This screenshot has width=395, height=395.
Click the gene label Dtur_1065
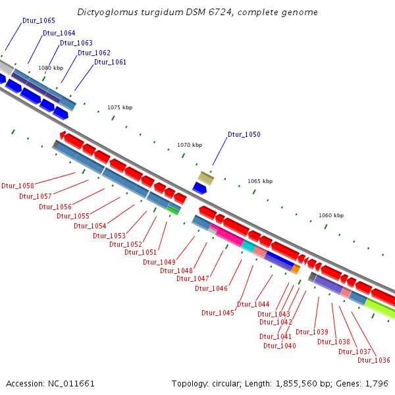point(39,21)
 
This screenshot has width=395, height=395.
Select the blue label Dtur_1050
point(244,135)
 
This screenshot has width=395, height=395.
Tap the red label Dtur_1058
point(18,186)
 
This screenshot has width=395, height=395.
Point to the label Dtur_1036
point(374,360)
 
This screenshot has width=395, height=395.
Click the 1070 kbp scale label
point(190,145)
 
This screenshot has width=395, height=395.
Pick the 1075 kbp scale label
point(120,107)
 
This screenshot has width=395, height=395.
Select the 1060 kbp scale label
point(331,215)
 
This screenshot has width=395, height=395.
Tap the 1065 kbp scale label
point(260,181)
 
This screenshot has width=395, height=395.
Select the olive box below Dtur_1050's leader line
point(206,178)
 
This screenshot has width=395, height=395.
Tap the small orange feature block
point(296,269)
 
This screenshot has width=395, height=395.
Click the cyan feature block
point(248,246)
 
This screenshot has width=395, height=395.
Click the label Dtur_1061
point(110,63)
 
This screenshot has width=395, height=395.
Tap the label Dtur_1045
point(218,313)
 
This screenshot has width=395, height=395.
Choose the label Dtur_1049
point(159,263)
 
